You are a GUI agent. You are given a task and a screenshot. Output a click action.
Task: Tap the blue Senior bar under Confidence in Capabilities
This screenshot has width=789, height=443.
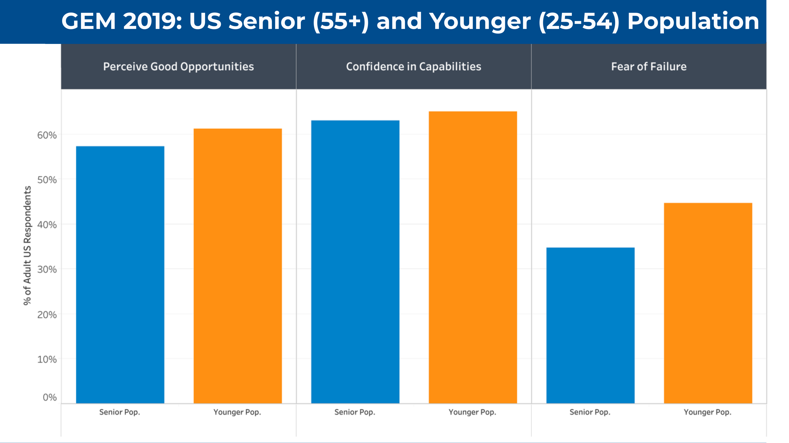(355, 262)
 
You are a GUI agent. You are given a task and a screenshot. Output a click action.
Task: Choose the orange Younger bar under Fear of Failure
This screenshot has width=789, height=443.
(708, 303)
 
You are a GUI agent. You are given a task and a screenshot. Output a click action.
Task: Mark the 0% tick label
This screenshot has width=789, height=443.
(50, 397)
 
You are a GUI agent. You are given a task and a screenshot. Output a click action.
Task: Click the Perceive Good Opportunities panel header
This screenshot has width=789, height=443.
(178, 67)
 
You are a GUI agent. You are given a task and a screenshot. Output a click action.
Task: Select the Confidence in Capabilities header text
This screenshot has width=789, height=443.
(413, 67)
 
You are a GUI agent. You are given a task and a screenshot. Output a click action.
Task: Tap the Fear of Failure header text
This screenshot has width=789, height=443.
(649, 67)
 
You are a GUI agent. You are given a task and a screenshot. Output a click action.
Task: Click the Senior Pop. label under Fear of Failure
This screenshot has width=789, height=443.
(590, 412)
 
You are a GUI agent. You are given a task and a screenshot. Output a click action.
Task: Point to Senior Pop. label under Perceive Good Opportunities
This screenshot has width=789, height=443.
(120, 412)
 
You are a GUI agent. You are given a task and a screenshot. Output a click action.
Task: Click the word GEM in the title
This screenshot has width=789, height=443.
(89, 21)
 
